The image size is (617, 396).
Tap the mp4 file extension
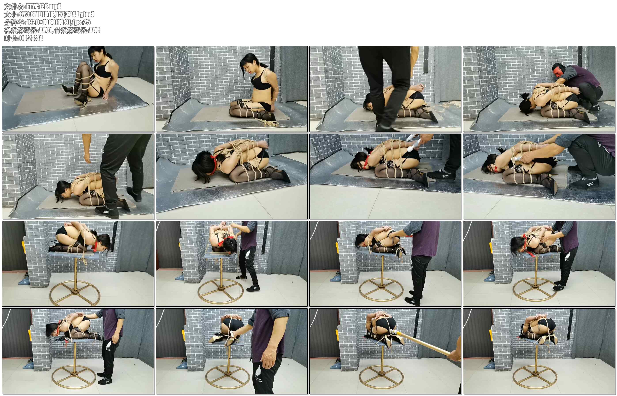tap(56, 6)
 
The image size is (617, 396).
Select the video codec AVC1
tap(45, 30)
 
